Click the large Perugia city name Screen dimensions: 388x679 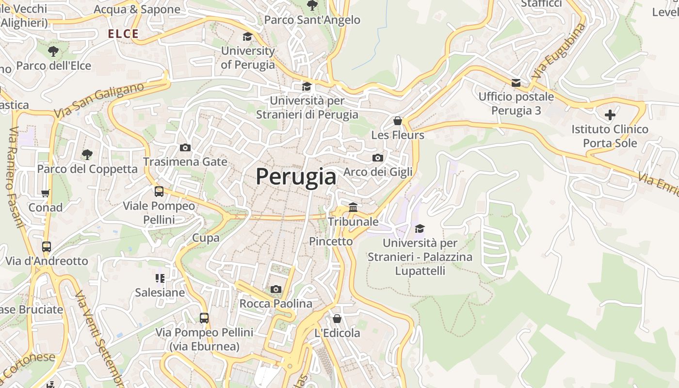[296, 177]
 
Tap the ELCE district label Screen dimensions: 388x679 [123, 34]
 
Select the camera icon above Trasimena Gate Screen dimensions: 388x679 [185, 147]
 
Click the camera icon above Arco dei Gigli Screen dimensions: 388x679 [377, 158]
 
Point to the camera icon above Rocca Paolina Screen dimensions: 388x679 [275, 290]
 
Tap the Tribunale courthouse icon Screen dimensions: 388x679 [353, 208]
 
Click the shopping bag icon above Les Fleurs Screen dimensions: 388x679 [398, 120]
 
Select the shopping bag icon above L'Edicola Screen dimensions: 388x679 [337, 319]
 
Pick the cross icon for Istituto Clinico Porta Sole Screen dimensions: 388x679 [610, 115]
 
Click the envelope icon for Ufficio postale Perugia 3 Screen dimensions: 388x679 [516, 83]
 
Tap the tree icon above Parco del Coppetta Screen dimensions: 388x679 [87, 155]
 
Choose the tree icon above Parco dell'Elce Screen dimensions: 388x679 [53, 51]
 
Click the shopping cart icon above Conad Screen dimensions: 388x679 [46, 193]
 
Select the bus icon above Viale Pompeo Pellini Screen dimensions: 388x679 [159, 191]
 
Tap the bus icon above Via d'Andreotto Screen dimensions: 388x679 [47, 246]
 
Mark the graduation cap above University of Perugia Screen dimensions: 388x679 [247, 37]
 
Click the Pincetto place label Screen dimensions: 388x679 [331, 241]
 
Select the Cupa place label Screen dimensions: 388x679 [206, 238]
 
